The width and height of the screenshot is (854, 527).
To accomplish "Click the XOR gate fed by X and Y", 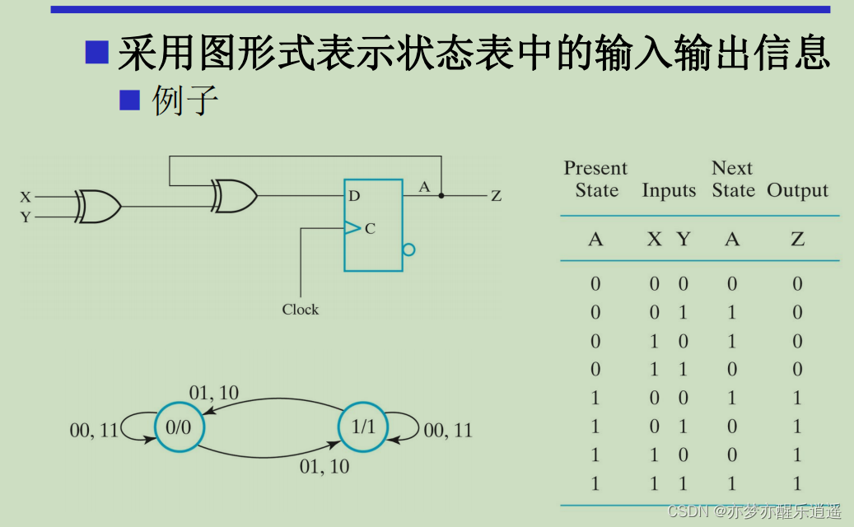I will coord(98,206).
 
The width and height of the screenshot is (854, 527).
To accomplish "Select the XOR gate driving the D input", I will coord(235,196).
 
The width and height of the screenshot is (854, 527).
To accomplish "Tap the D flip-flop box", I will coord(373,225).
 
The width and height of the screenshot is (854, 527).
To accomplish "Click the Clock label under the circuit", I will coord(300,310).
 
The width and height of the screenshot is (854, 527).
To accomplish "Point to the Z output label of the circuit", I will coord(496,196).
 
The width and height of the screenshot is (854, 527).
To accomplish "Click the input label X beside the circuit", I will coord(26,198).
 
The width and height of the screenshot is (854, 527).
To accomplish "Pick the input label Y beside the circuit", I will coord(26,217).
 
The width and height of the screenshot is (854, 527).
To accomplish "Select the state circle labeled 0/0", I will coord(178,427).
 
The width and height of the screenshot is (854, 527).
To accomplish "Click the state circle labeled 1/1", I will coord(362,427).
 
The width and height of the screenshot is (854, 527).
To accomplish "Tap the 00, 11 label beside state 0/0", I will coord(94,429).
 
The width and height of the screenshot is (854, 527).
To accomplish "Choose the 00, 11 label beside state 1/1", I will coord(448,430).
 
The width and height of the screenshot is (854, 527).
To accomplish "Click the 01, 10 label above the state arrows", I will coord(214,394).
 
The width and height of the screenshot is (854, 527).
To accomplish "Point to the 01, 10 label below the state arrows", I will coord(324,466).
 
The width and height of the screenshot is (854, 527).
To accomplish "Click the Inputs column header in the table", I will coord(669,191).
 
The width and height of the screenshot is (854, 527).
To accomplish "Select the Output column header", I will coord(797,191).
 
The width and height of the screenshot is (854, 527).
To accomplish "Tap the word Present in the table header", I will coord(595,169).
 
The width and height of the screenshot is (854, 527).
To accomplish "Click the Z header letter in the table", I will coord(797,240).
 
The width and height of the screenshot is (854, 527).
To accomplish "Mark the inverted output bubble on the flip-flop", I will coord(408,250).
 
